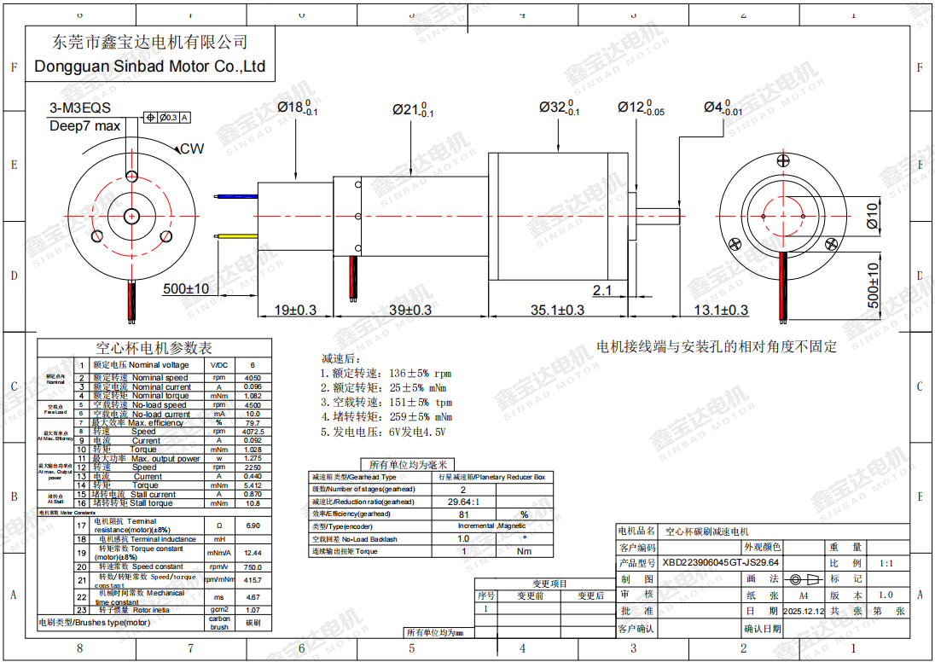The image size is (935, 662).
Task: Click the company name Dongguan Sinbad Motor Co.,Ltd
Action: point(150,67)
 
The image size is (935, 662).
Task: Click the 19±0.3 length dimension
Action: point(295,311)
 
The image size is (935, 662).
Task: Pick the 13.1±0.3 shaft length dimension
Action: point(720,311)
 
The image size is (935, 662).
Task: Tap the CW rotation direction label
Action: point(192,148)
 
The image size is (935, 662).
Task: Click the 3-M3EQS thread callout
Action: point(80,109)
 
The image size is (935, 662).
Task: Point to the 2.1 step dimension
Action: point(602,290)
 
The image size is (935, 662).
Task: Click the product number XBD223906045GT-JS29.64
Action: point(721,563)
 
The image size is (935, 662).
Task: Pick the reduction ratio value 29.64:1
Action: point(463,502)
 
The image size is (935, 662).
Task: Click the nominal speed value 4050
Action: point(253,377)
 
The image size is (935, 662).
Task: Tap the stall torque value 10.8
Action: point(253,503)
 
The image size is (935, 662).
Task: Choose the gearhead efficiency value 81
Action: point(463,514)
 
